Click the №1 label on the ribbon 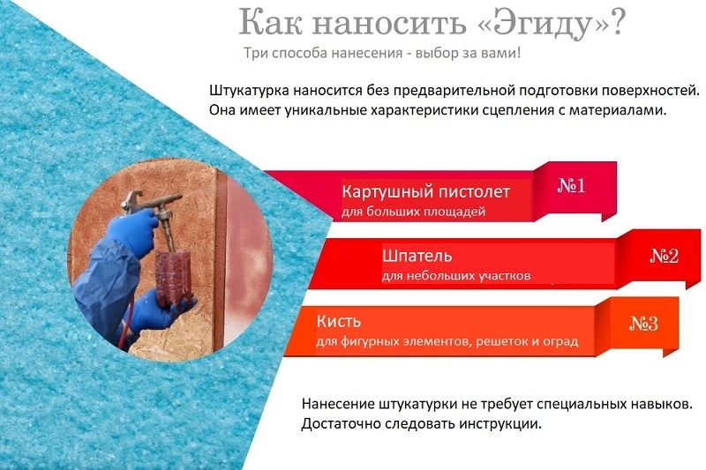click(571, 185)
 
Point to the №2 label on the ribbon click(665, 256)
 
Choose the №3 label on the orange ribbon click(643, 324)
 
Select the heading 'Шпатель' click(417, 256)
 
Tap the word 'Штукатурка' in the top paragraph click(249, 91)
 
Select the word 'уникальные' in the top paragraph click(326, 110)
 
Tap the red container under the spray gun click(173, 277)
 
